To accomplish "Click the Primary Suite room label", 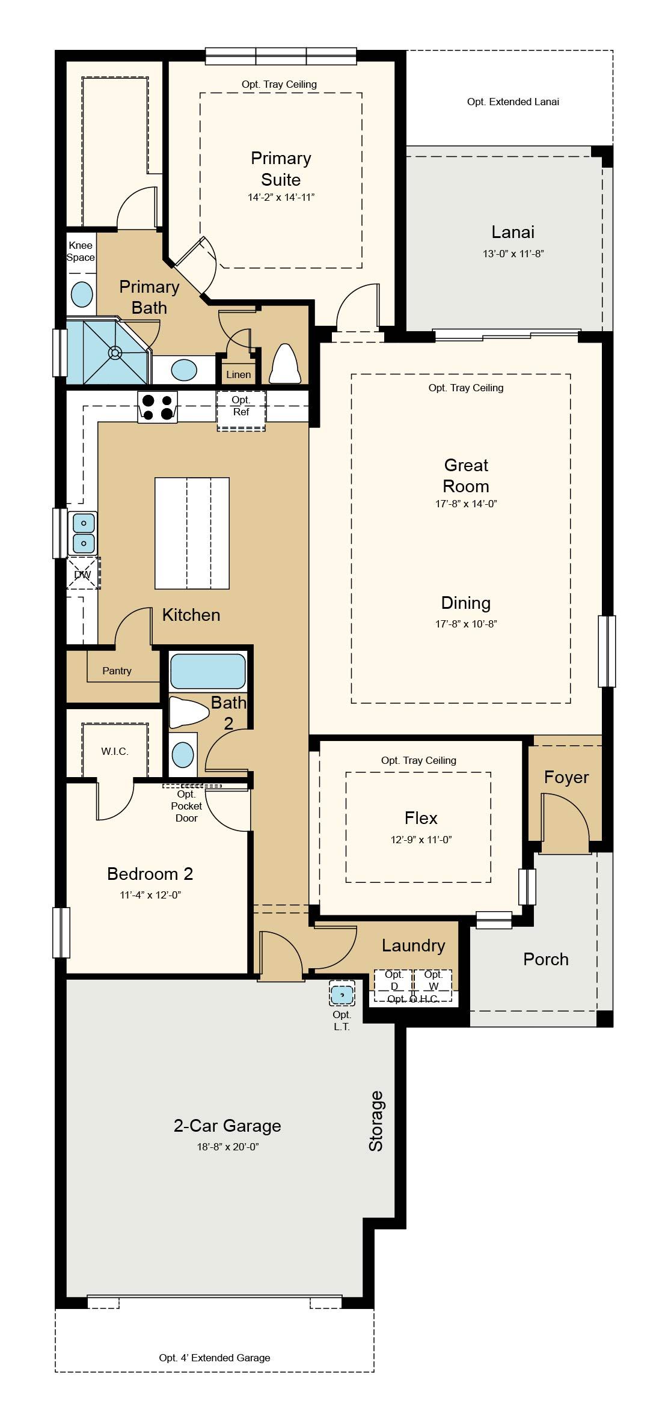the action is (281, 169).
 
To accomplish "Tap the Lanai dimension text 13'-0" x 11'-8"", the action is (513, 254).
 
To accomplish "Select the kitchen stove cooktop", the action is (158, 407).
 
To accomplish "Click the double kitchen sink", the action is (84, 533).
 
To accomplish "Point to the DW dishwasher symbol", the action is (82, 574).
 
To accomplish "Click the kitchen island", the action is (192, 533).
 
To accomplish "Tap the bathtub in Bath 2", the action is (208, 671).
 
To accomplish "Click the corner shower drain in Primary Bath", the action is (114, 352).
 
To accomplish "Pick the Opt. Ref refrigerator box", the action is (241, 411).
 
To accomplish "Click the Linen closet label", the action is (239, 374).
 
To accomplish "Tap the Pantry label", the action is (117, 671).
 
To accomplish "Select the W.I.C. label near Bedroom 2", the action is (115, 751).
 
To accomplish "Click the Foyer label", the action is (566, 777).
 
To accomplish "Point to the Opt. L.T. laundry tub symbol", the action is (342, 993).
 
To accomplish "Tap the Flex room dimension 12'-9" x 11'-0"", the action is (421, 840).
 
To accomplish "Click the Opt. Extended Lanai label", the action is (513, 102).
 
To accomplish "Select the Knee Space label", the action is (81, 251).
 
